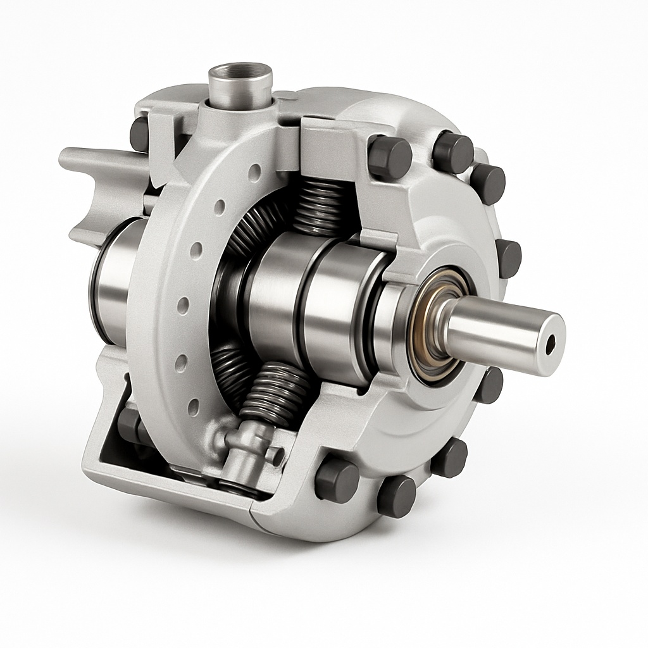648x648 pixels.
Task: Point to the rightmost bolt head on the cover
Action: [509, 258]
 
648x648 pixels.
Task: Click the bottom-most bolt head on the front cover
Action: [396, 495]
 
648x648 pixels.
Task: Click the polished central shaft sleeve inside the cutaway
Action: [297, 297]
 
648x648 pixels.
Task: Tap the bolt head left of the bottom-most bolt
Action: [336, 480]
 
